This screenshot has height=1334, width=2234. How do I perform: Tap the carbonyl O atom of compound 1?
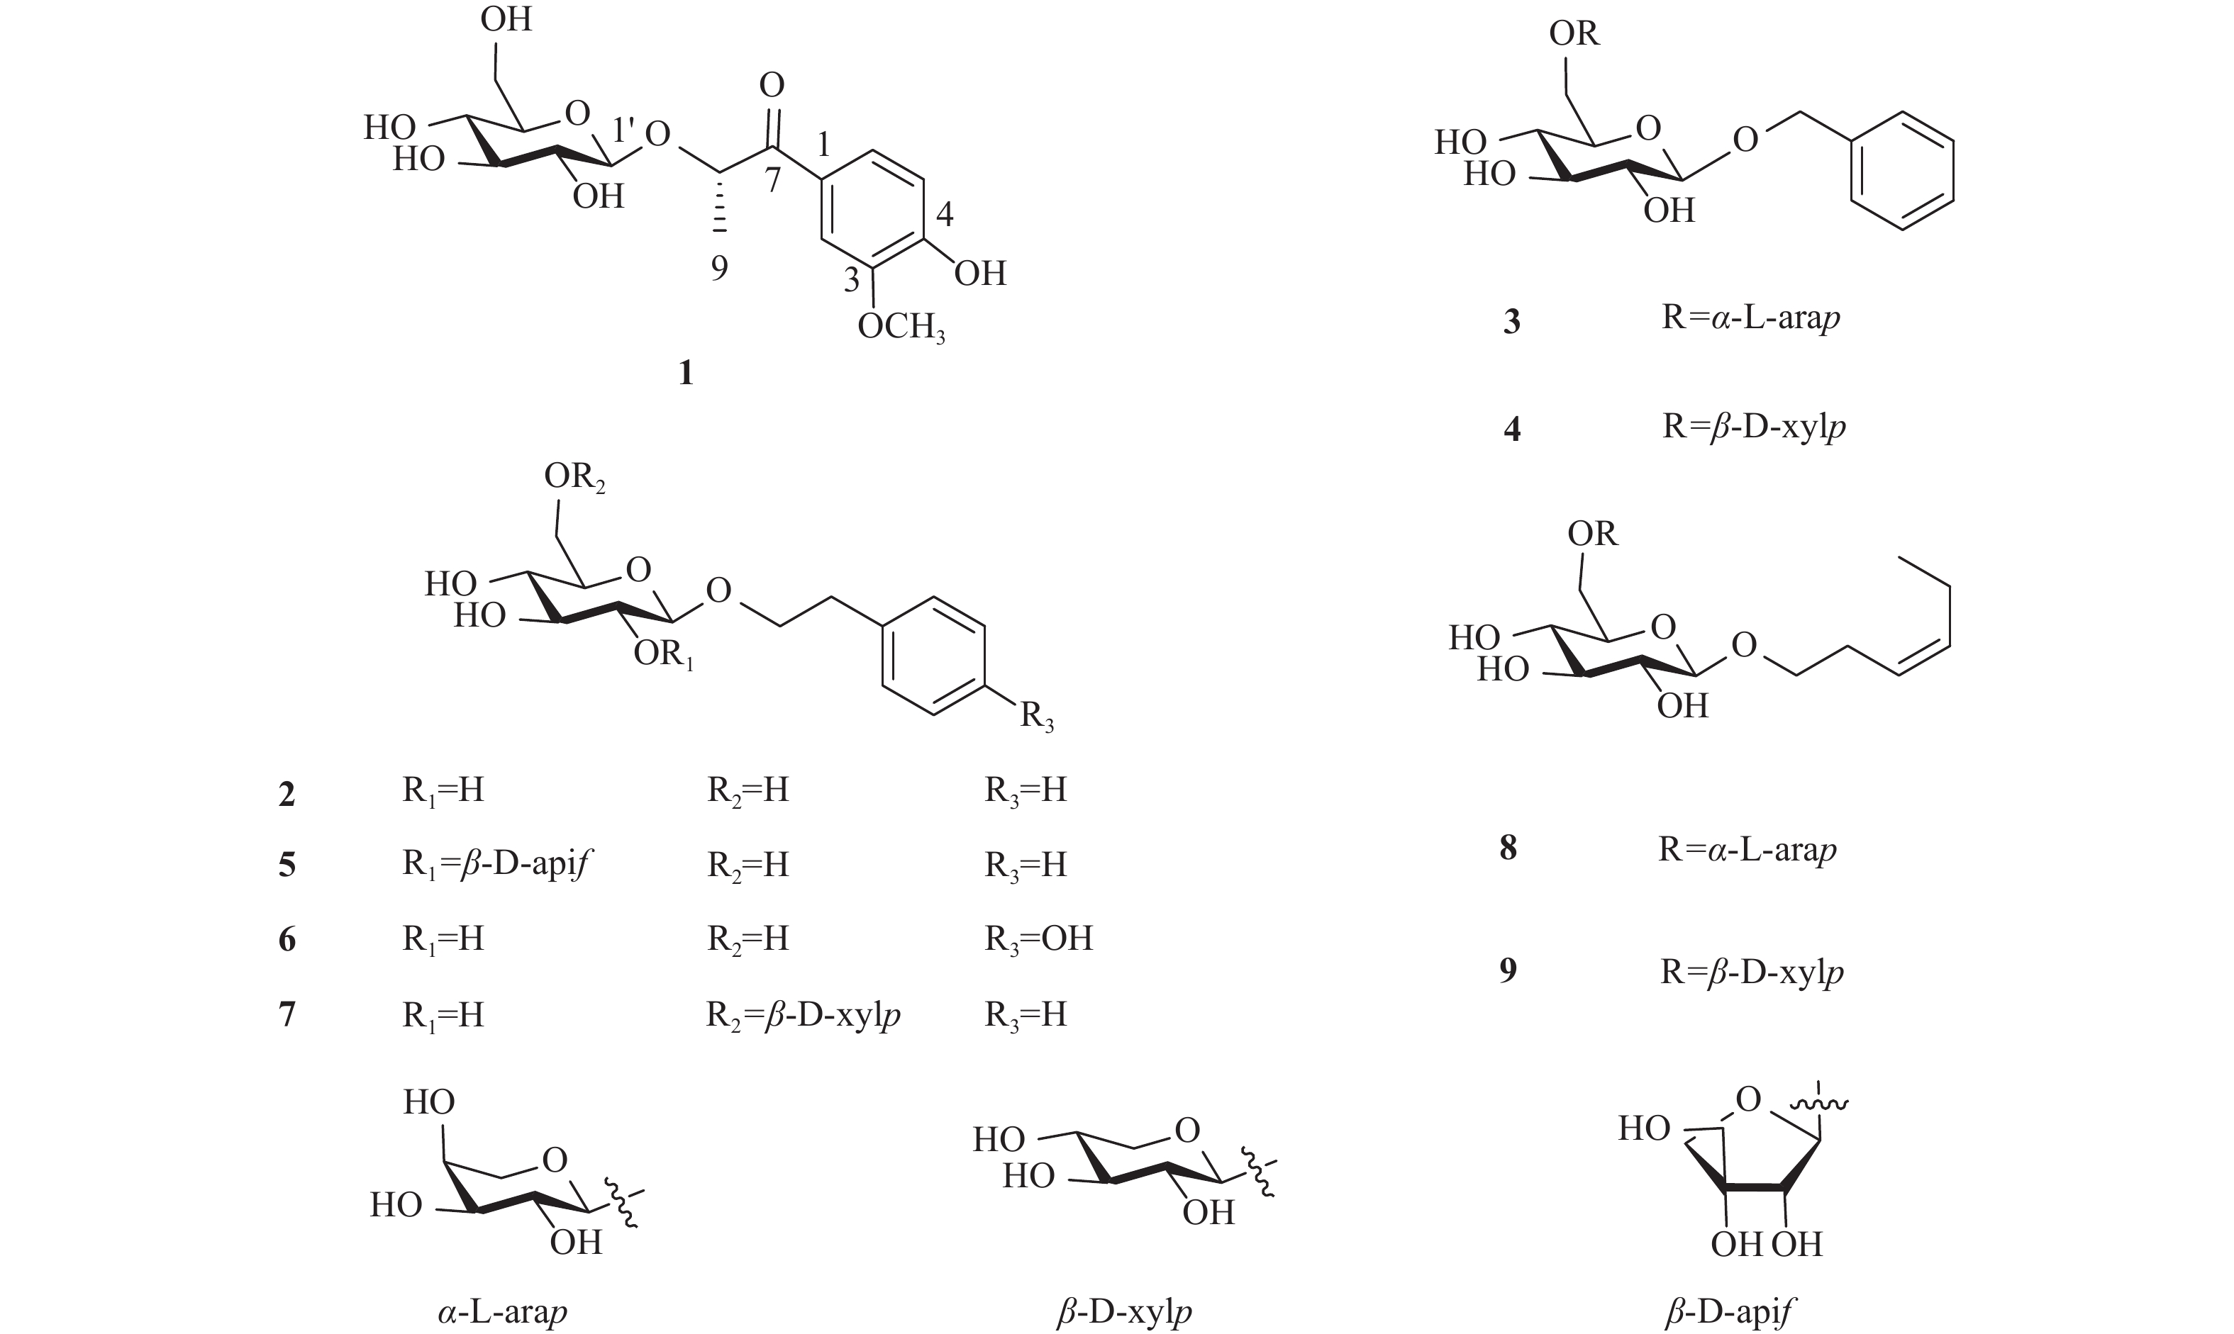772,85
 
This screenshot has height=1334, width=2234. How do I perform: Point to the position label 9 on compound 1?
718,268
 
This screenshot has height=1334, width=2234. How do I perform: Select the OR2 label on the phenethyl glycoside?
574,477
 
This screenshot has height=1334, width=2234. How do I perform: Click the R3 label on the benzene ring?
1036,717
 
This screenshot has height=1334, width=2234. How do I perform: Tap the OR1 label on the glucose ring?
664,654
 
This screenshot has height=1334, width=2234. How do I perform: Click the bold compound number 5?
287,865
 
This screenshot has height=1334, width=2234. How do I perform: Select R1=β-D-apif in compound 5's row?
497,864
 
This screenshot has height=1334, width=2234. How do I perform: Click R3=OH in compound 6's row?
1039,938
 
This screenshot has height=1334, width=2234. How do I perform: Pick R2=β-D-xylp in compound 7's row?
803,1014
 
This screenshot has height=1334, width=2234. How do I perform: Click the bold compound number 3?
1512,322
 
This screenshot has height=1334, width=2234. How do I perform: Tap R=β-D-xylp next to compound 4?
1754,426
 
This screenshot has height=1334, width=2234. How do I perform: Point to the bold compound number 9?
1508,970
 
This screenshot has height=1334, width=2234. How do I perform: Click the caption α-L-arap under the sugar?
503,1313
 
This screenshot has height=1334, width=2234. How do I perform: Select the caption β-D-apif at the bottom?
1728,1313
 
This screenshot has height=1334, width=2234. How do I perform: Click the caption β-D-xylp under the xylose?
1124,1313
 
